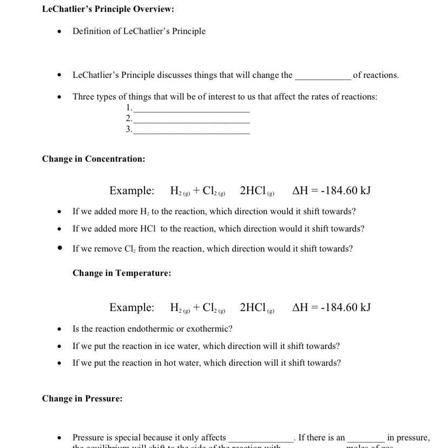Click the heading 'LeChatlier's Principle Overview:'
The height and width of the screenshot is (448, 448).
tap(108, 9)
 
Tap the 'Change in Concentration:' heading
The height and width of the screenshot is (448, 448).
tap(94, 159)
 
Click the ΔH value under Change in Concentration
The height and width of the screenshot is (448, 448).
tap(331, 190)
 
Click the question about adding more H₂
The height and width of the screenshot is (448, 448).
tap(214, 212)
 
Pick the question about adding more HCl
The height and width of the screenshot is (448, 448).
tap(218, 229)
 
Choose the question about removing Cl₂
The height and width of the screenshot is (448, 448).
tap(212, 249)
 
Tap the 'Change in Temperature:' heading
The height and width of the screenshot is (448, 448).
tap(122, 273)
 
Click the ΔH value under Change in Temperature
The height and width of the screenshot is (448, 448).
tap(331, 307)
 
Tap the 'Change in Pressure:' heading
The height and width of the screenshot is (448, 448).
tap(82, 399)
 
